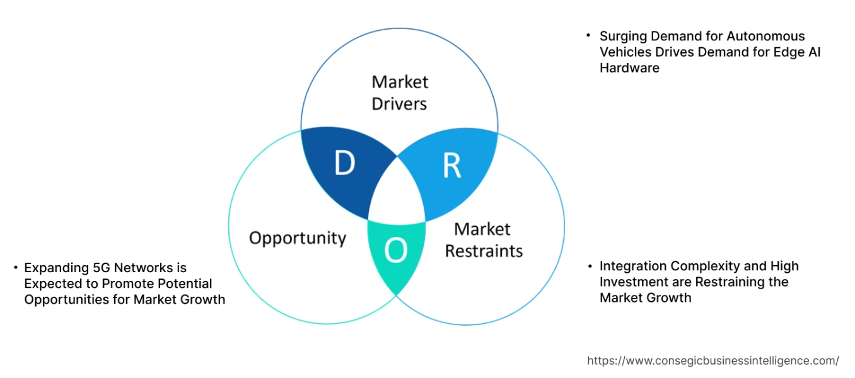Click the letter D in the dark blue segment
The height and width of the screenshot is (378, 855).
pyautogui.click(x=344, y=164)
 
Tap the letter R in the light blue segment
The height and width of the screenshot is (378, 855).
pyautogui.click(x=452, y=165)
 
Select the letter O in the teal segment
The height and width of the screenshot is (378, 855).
pyautogui.click(x=396, y=251)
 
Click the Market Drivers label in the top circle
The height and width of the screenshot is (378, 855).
pyautogui.click(x=400, y=93)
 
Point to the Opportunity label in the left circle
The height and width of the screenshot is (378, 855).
pyautogui.click(x=298, y=238)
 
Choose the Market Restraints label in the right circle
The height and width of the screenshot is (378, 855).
pyautogui.click(x=484, y=240)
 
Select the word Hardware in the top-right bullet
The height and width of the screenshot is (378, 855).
pyautogui.click(x=629, y=68)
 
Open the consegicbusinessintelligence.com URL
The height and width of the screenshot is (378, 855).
pyautogui.click(x=713, y=361)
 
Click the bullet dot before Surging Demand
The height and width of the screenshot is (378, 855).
pyautogui.click(x=588, y=35)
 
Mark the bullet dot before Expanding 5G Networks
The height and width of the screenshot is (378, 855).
pyautogui.click(x=15, y=268)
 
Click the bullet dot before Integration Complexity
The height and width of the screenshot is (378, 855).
pyautogui.click(x=588, y=266)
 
